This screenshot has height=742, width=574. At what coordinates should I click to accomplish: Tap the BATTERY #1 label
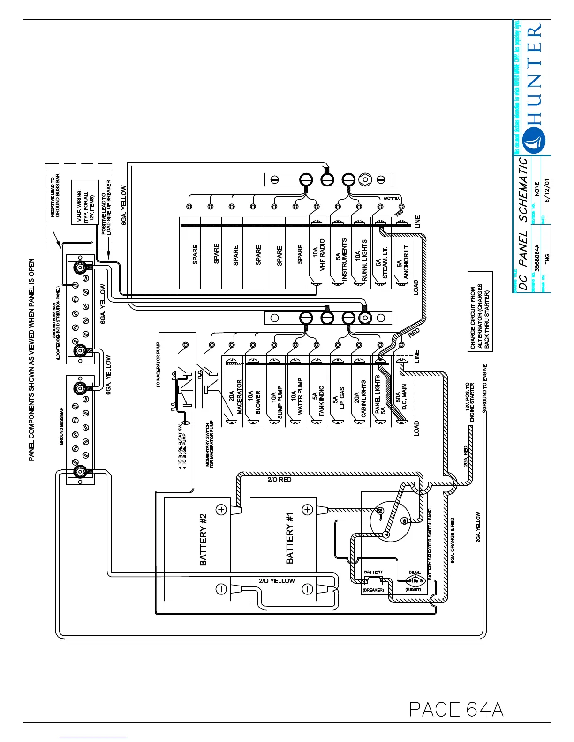click(x=289, y=538)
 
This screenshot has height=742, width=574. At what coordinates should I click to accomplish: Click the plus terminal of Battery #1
click(x=307, y=510)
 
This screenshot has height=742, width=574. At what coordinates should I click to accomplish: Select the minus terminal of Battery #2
click(x=221, y=589)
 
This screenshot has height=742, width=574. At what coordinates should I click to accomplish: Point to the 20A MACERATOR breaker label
click(x=235, y=396)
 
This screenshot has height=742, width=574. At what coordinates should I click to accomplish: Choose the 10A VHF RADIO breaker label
click(x=318, y=255)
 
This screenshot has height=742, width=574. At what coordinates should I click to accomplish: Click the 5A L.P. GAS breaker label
click(x=339, y=398)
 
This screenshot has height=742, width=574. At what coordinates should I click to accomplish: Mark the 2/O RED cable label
click(x=279, y=480)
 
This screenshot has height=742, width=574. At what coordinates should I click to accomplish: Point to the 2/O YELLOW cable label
click(x=277, y=581)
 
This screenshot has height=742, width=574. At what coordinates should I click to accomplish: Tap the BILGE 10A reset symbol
click(x=415, y=581)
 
